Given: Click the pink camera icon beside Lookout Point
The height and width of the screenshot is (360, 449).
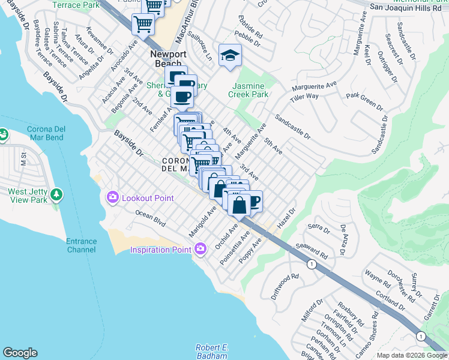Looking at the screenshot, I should click(x=112, y=197).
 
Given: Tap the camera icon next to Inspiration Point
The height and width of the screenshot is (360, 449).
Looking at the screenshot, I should click(x=200, y=248).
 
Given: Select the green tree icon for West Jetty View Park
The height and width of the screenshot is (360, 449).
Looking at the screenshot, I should click(x=56, y=195).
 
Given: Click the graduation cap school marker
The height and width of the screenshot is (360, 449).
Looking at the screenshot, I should click(x=229, y=56).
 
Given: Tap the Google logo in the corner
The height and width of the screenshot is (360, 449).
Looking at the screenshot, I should click(x=20, y=353).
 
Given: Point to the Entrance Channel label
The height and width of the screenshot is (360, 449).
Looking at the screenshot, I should click(x=81, y=245).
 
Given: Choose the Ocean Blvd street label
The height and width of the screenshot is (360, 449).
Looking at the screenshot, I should click(x=149, y=217).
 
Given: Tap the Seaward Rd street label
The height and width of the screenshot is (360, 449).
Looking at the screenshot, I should click(x=312, y=251).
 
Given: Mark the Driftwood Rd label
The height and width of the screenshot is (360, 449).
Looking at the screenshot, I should click(x=284, y=287).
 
